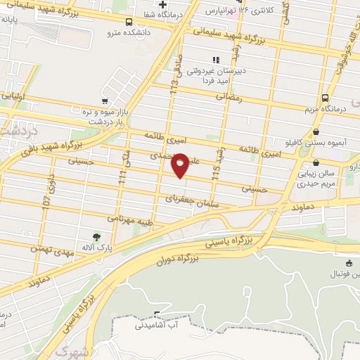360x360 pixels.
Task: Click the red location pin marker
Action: tap(181, 165)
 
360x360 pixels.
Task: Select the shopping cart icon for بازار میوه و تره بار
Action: tap(105, 101)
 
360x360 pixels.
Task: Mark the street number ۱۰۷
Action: tap(46, 200)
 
